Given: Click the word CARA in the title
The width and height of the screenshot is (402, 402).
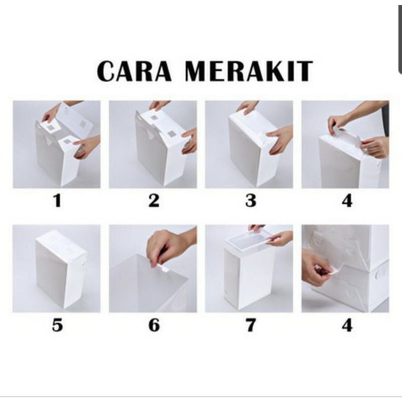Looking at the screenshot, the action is click(134, 71).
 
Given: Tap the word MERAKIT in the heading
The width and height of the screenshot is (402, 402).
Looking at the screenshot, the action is click(249, 71).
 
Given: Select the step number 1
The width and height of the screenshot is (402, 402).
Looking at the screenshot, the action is click(58, 200).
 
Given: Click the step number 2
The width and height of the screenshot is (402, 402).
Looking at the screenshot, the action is click(154, 200).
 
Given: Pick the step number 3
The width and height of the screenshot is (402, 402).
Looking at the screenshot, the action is click(250, 200).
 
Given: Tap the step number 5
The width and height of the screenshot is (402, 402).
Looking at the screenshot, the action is click(57, 325).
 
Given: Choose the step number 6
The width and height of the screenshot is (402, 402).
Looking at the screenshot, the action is click(154, 325).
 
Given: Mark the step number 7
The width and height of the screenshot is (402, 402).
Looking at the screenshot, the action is click(250, 325).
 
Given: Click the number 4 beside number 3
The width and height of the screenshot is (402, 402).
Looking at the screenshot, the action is click(347, 200).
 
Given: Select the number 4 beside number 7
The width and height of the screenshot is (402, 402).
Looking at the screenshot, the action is click(347, 325).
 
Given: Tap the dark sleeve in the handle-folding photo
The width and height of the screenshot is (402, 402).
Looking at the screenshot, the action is click(385, 119).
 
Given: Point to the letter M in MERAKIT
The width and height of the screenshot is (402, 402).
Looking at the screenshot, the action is click(197, 71).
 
